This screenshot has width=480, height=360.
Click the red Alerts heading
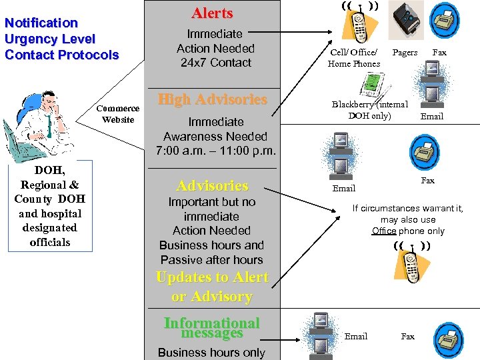point(212,13)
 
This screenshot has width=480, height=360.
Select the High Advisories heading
point(212,99)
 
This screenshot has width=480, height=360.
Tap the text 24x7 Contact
point(215,63)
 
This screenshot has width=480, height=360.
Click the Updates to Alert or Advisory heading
point(212,287)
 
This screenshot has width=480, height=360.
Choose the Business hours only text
point(211,353)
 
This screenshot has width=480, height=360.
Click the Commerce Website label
point(118,114)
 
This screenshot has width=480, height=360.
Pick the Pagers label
point(405,52)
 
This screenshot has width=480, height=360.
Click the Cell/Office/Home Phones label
point(353,58)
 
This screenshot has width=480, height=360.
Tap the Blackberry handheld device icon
point(369,84)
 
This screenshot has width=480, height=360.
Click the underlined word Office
point(384,231)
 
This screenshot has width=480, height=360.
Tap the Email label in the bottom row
point(355,336)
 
